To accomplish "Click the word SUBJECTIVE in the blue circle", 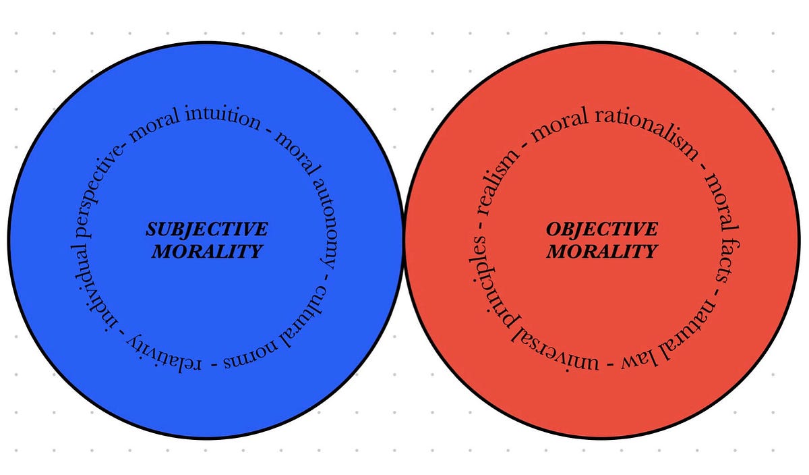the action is (206, 229).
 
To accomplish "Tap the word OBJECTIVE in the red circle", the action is (601, 229).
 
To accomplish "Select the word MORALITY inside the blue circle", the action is (206, 252).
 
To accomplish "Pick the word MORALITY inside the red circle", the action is (601, 252).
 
